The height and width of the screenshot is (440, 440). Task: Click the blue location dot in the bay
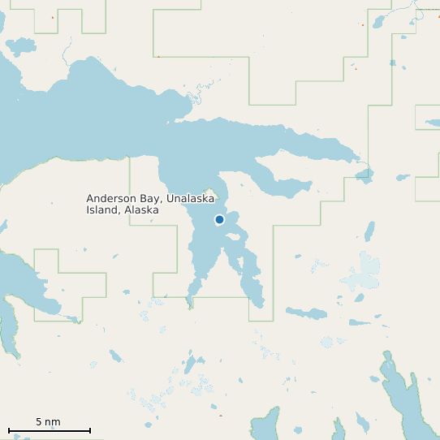(219, 219)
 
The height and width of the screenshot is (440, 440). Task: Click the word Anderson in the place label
(111, 199)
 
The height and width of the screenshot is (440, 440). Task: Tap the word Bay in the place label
(151, 199)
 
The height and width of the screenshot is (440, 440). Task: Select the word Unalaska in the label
(191, 199)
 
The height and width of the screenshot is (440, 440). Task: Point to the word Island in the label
(102, 210)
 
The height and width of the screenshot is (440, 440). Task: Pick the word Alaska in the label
(141, 210)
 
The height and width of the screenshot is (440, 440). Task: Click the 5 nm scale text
(48, 422)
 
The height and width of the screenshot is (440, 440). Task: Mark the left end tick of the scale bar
(9, 430)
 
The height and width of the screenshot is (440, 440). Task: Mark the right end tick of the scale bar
(90, 430)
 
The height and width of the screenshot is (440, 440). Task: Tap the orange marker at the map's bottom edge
(220, 416)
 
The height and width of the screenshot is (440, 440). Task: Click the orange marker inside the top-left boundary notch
(53, 17)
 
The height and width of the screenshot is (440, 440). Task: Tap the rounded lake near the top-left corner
(21, 45)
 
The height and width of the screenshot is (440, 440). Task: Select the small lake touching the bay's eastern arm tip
(365, 175)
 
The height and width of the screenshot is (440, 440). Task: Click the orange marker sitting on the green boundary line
(158, 56)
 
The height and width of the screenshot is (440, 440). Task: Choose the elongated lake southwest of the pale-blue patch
(305, 313)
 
